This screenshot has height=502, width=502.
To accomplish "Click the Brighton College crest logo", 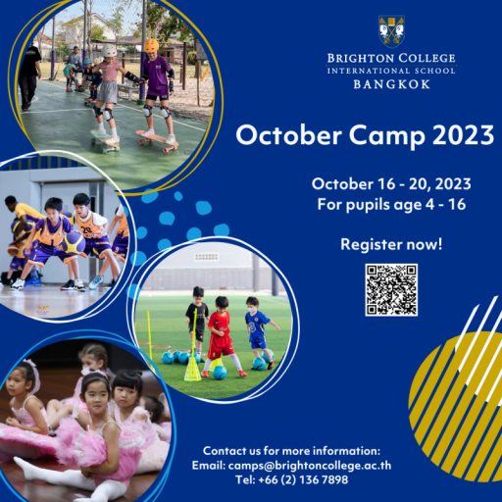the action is pos(391,30).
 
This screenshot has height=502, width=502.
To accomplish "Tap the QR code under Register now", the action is pos(391,290).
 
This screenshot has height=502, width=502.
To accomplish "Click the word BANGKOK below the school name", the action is pos(391,84).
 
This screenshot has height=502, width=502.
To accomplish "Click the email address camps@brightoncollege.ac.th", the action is pos(310,466).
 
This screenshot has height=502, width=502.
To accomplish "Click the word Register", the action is pos(372,245).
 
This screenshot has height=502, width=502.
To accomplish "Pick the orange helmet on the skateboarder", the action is pos(151,45).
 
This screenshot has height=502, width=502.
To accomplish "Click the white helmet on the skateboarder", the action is pos(109,51).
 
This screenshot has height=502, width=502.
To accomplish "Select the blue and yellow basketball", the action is pos(75,242).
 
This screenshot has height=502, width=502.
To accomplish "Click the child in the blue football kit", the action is pos(260,331).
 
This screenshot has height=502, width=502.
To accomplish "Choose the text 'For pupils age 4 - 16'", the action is pos(391,205).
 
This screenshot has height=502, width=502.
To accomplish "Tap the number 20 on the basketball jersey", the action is pos(86,230).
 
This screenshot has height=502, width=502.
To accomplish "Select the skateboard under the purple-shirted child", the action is pos(157,140).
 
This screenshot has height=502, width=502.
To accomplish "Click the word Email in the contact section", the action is pos(208,466).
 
